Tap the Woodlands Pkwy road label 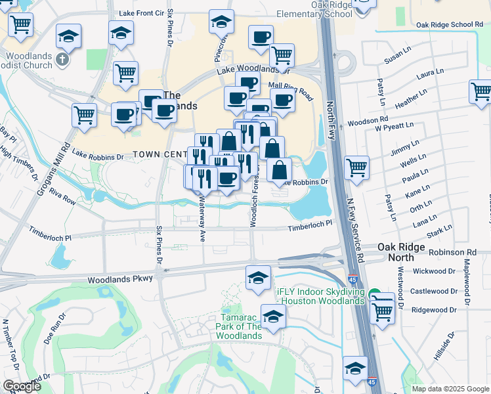click(120, 279)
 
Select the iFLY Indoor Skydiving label click(320, 296)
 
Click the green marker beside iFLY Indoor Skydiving click(374, 295)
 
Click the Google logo click(22, 386)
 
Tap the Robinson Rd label click(452, 252)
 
